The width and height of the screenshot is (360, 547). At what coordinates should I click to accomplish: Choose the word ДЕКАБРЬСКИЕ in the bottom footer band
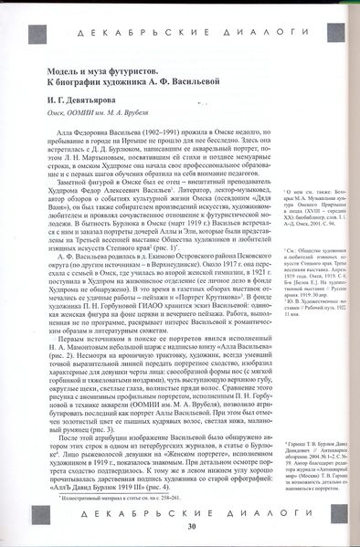click(x=143, y=513)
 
